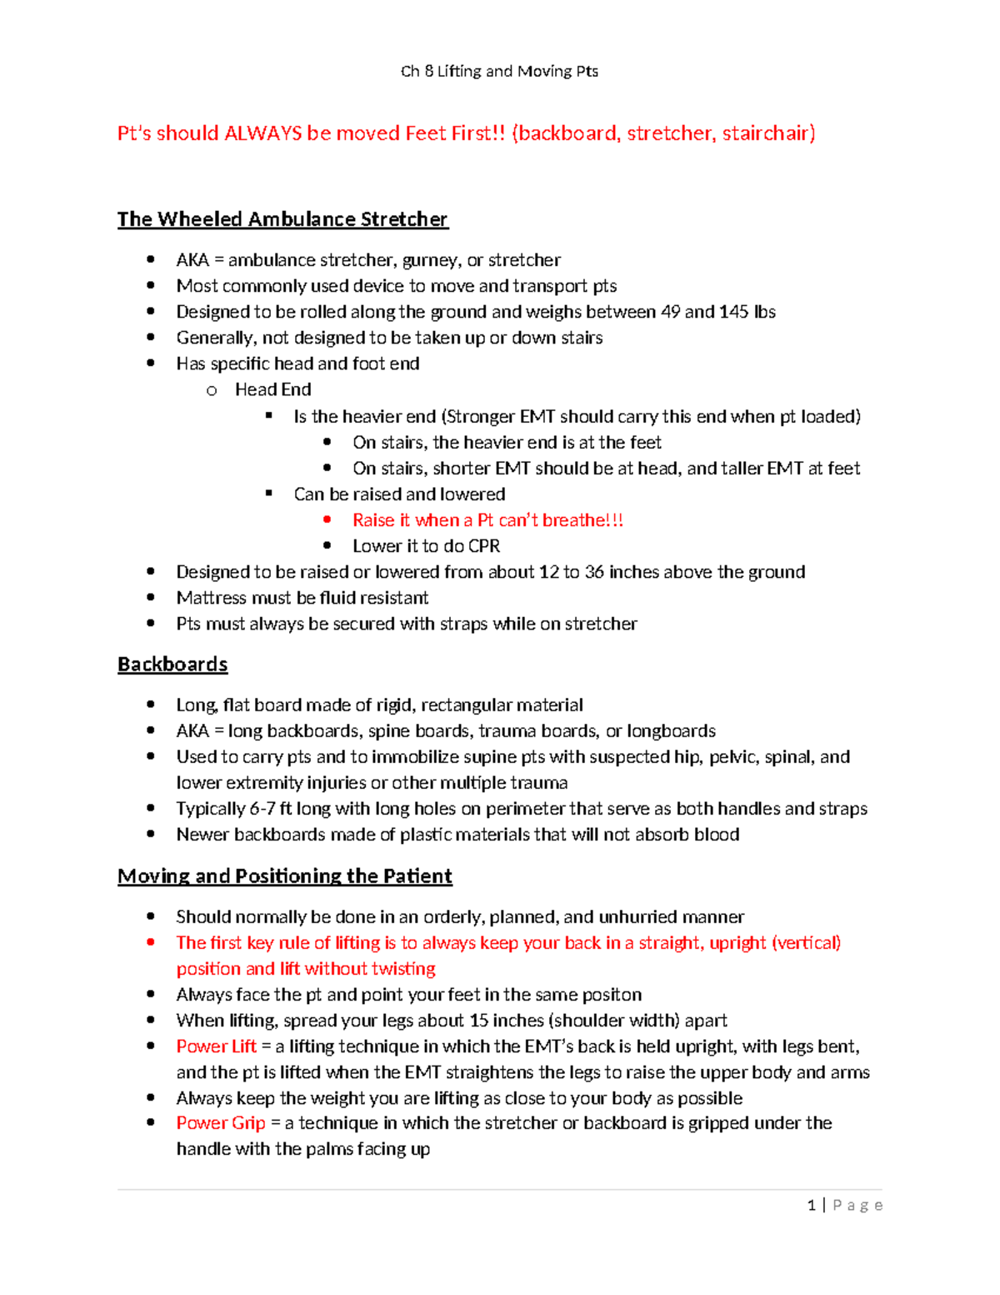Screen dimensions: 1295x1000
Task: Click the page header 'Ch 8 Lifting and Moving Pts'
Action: point(499,71)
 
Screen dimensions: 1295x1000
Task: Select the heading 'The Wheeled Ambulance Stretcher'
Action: point(282,219)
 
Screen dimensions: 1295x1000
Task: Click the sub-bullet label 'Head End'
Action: point(272,389)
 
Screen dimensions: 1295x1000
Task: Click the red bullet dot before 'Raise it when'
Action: point(327,520)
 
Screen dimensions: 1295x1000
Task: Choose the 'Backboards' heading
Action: point(172,665)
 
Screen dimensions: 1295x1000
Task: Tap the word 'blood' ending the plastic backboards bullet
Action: point(716,835)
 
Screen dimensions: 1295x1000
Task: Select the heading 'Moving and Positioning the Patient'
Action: point(284,876)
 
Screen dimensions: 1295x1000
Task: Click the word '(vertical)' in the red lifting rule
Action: point(806,943)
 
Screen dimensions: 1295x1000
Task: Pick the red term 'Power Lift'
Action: point(217,1047)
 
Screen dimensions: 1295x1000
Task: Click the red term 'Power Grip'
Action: point(221,1123)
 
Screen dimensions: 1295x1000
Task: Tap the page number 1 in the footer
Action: point(812,1205)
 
